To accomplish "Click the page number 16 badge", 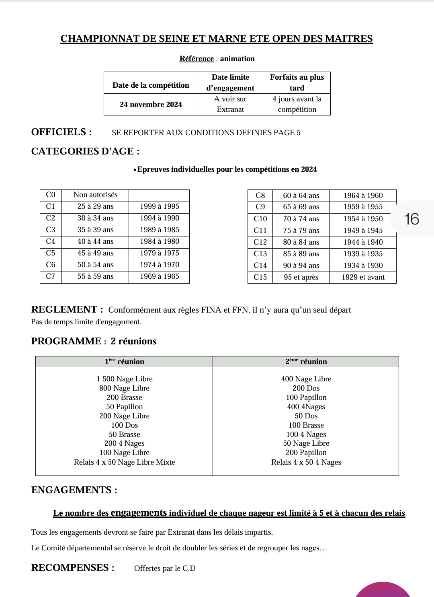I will [411, 219].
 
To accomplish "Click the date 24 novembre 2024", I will [151, 105].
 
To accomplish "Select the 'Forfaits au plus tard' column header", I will [297, 82].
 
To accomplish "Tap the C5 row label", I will [51, 253].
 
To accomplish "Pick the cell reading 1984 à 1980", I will [159, 241].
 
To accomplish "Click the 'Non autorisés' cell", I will [95, 195].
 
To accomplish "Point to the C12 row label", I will [260, 242].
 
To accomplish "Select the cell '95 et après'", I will [301, 277].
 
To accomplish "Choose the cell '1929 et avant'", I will [363, 277].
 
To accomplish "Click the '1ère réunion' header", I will [124, 361].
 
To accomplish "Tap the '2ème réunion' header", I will [306, 361].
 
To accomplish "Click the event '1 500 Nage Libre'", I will [124, 379].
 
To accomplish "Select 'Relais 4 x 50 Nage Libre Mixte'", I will [124, 462].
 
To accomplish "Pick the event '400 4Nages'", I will [306, 407].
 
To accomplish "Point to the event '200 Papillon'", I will [306, 453].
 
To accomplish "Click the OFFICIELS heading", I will [61, 132].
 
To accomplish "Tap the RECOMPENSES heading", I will [72, 568].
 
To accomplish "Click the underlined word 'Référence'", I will [197, 59].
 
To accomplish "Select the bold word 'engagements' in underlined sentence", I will [139, 513].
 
